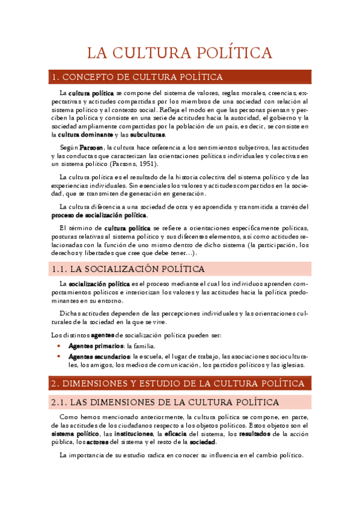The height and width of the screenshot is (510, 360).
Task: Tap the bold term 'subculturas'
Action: (147, 135)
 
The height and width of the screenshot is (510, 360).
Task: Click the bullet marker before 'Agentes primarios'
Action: (58, 346)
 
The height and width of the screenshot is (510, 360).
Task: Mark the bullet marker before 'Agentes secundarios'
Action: (58, 356)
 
